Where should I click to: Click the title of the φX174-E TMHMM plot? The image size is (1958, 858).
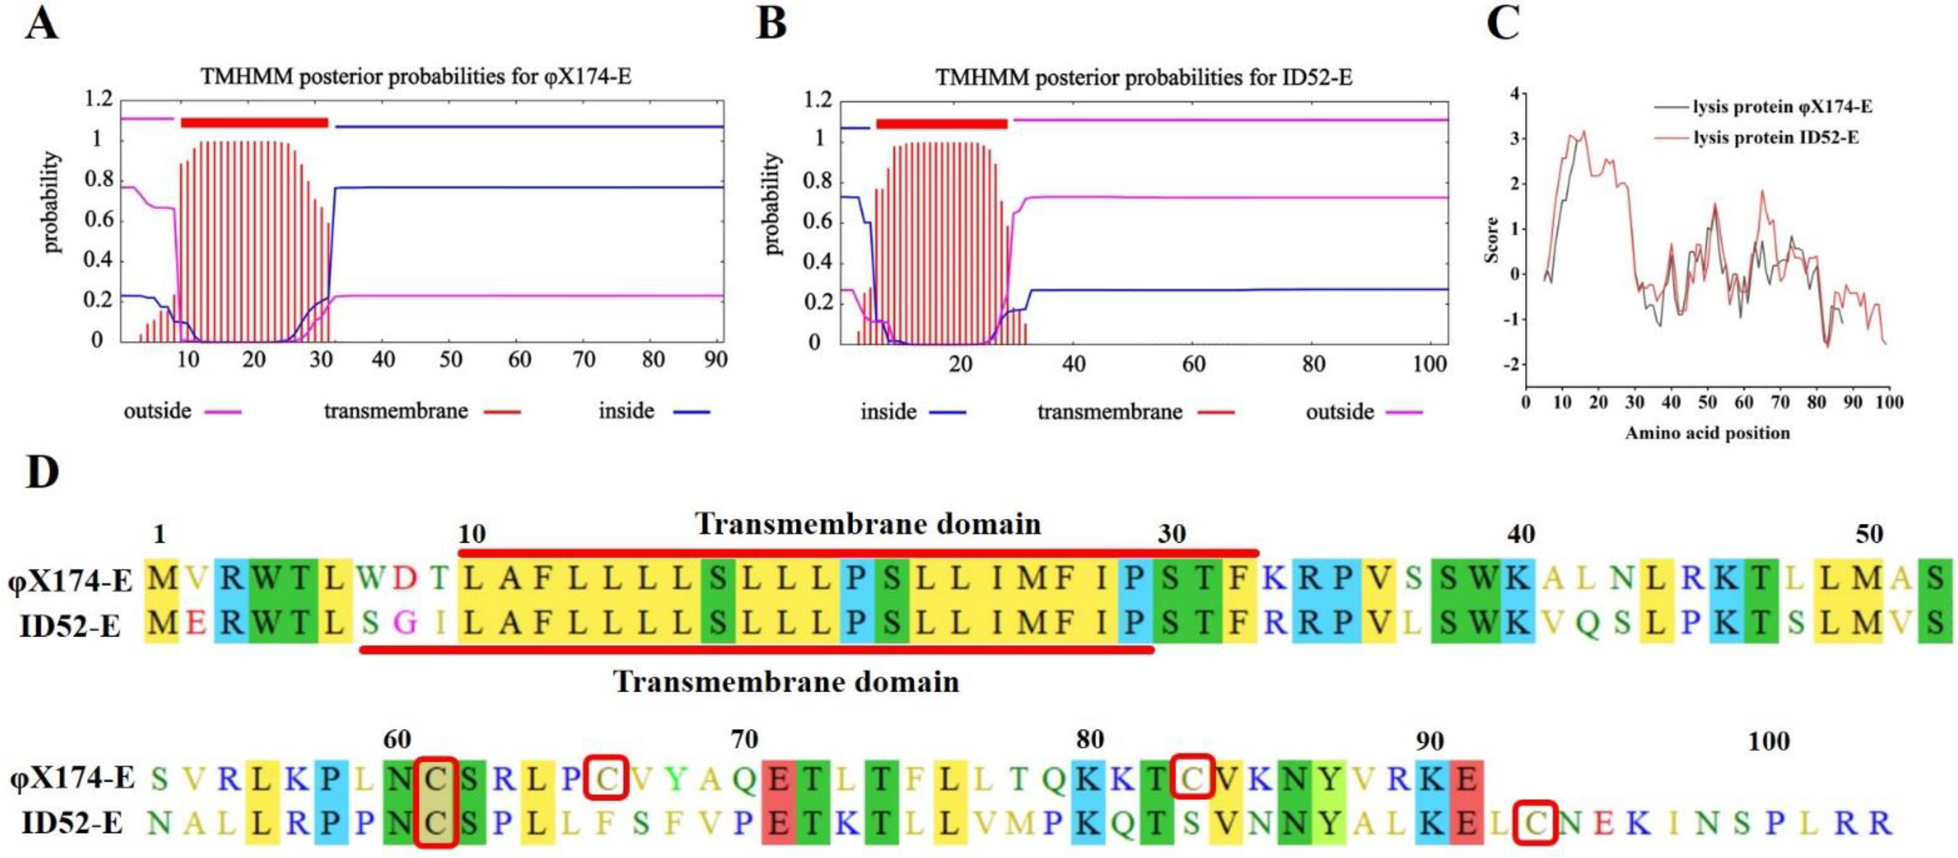(x=416, y=77)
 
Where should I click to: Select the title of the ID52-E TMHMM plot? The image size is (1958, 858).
(x=1143, y=78)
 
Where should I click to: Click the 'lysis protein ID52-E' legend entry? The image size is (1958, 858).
(x=1776, y=138)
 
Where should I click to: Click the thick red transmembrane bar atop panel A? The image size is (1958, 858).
(x=255, y=123)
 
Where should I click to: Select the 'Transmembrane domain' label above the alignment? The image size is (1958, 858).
(x=867, y=524)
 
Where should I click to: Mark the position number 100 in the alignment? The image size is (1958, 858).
(x=1769, y=741)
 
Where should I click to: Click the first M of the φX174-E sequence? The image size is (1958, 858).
(x=162, y=579)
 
